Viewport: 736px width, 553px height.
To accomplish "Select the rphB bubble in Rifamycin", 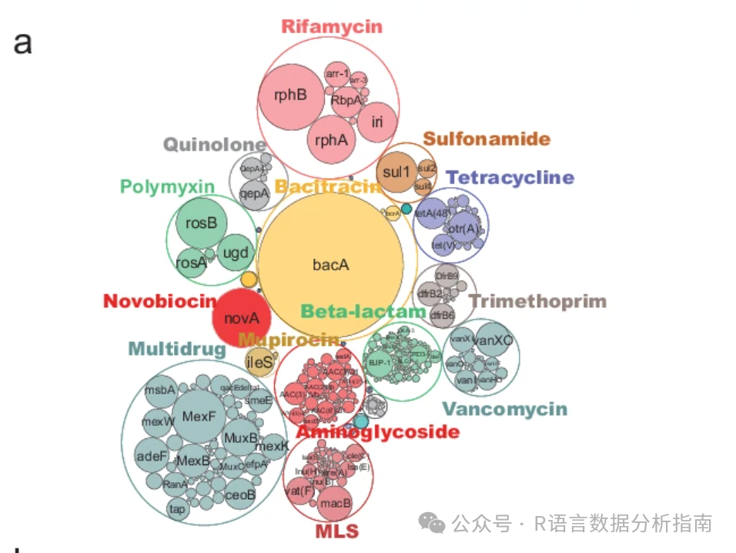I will tap(291, 96).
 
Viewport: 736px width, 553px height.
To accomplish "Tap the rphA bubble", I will tap(331, 140).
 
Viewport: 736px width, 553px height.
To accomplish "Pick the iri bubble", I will tap(376, 122).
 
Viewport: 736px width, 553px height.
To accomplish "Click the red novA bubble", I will tap(242, 317).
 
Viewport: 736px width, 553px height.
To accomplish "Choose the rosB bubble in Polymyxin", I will tap(202, 223).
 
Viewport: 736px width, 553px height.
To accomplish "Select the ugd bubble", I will tap(234, 252).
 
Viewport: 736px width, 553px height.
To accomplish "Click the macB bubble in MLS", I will tap(336, 502).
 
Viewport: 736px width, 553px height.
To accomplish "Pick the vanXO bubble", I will tap(492, 340).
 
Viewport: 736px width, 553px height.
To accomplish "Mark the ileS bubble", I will tap(259, 360).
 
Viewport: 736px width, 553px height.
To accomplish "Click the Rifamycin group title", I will tap(331, 27).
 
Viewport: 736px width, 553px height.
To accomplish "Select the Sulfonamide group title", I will tap(487, 139).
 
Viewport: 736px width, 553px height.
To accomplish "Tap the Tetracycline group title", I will tap(510, 178).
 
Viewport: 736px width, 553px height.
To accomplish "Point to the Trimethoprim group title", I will tap(537, 301).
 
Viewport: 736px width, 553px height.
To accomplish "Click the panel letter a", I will tap(23, 42).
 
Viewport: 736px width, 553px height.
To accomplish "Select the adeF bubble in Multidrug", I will tap(152, 455).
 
